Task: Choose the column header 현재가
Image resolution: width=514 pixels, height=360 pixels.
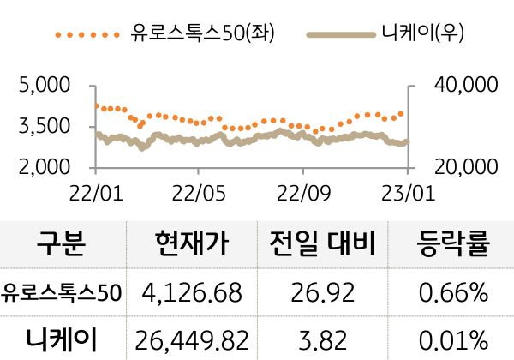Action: (193, 246)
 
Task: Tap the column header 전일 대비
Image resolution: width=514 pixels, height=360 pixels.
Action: (322, 246)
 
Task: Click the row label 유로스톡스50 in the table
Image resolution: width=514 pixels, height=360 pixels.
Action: (62, 293)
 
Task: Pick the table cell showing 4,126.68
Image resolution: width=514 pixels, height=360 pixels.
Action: (193, 294)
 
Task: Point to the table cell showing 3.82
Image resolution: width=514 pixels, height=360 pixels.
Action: (322, 339)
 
